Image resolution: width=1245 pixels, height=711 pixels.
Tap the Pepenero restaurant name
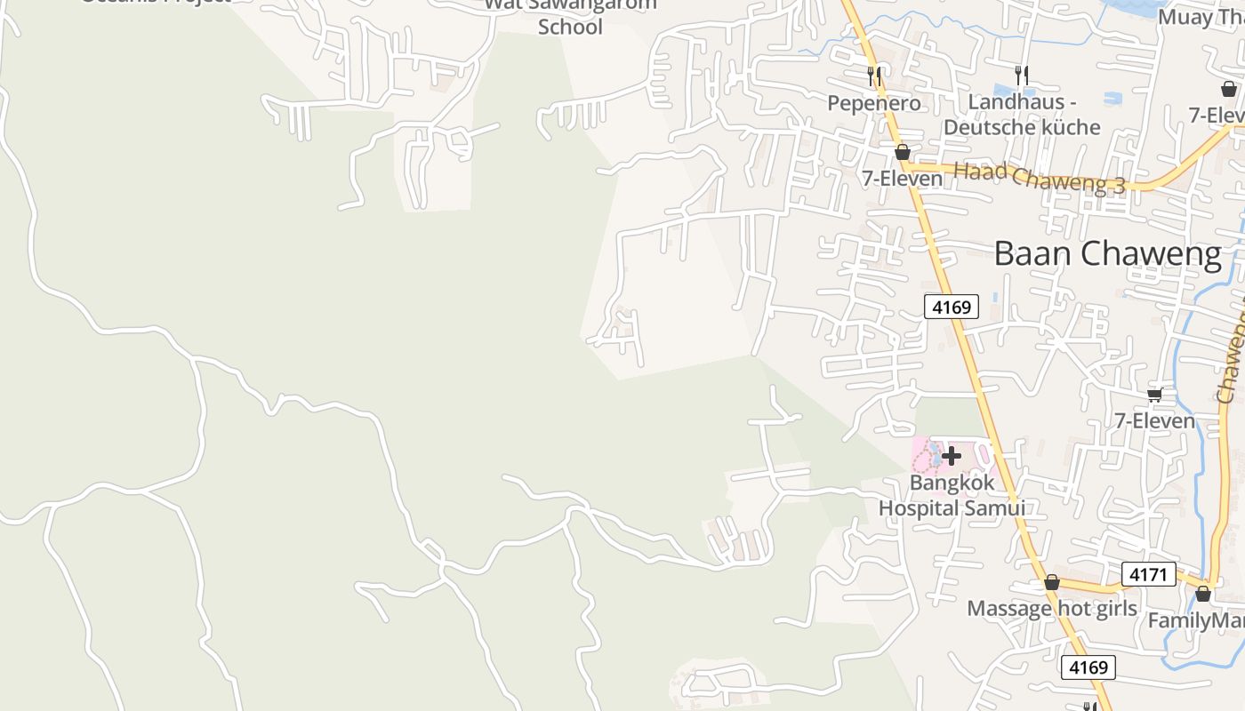click(874, 103)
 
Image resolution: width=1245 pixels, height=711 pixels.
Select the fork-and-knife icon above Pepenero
click(874, 76)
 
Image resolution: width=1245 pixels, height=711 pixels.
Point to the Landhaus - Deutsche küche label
click(1022, 115)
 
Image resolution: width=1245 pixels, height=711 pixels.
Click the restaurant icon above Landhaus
click(1022, 76)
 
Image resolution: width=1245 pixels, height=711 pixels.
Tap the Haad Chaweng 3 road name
click(1039, 177)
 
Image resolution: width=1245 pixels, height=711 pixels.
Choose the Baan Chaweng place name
click(1107, 254)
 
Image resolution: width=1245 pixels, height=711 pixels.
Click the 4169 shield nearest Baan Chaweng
click(952, 308)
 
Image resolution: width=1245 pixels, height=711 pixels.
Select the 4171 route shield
click(1148, 574)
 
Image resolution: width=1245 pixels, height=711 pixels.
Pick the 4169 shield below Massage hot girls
click(1088, 667)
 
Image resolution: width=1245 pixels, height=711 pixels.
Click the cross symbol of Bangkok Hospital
click(952, 457)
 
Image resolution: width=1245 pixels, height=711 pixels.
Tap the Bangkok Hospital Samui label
click(952, 496)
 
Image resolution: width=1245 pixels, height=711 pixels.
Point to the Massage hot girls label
click(1051, 609)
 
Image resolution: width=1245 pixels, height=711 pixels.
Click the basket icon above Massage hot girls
click(1051, 583)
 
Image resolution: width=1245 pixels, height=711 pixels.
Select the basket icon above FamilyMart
click(1203, 593)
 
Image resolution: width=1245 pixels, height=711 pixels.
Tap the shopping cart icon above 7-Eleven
click(1154, 395)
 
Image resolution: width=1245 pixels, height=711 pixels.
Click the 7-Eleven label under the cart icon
click(1154, 420)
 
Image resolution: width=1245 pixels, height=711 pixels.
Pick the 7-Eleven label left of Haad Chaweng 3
click(902, 179)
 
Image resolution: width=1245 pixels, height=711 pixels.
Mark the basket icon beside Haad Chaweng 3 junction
click(902, 152)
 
